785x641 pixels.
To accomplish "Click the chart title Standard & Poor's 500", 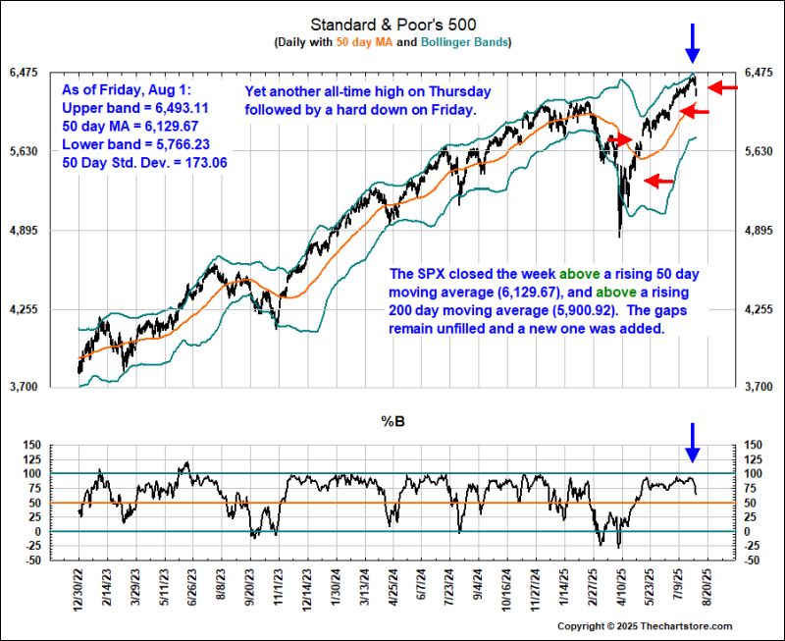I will pos(392,24).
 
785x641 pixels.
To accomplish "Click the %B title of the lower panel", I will pos(392,423).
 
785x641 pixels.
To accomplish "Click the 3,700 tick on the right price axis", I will pos(760,388).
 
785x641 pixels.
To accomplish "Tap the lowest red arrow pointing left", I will pos(658,181).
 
